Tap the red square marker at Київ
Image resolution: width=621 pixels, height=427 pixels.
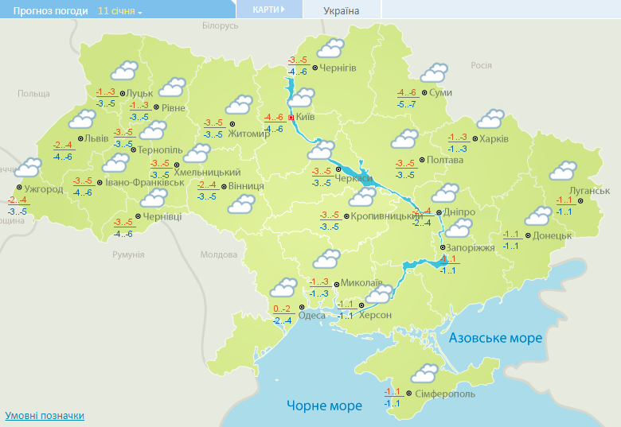point(291,118)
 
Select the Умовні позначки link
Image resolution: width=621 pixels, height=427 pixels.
point(45,416)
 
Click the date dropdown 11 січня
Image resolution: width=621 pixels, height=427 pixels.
point(120,12)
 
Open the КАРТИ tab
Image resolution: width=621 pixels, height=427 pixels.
point(269,10)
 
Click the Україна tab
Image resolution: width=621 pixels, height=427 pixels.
point(342,11)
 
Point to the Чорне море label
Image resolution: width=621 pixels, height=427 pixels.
point(324,406)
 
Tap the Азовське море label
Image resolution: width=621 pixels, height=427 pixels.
point(495,338)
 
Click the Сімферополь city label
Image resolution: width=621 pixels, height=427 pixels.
point(444,394)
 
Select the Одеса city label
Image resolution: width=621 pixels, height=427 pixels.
point(317,315)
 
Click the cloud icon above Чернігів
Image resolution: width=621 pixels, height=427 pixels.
point(330,49)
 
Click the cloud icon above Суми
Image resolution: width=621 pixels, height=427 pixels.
point(433,73)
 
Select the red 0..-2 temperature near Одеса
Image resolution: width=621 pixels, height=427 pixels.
point(282,309)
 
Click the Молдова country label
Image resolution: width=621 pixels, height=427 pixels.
point(218,254)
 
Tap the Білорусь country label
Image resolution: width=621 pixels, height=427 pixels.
point(220,26)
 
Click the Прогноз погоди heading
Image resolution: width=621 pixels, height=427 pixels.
point(45,12)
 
